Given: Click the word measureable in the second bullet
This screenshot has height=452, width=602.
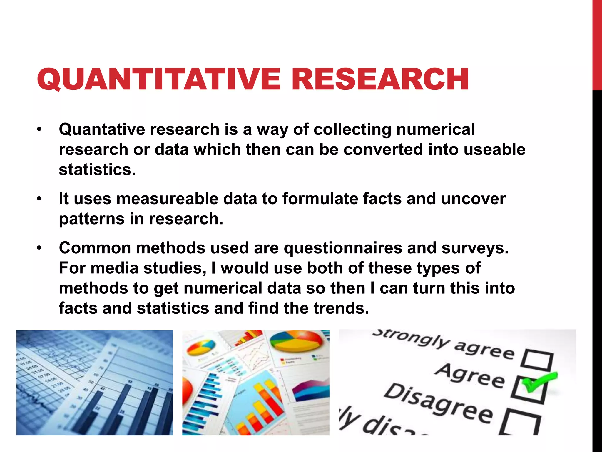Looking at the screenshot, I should (x=167, y=199).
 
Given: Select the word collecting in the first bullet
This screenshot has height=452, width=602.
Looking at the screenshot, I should (x=352, y=129).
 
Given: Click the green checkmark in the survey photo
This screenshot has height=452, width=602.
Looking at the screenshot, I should (x=538, y=383).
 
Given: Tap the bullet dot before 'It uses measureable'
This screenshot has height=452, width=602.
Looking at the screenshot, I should (x=39, y=199).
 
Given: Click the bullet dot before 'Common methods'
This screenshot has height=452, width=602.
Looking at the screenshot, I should (x=39, y=248).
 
